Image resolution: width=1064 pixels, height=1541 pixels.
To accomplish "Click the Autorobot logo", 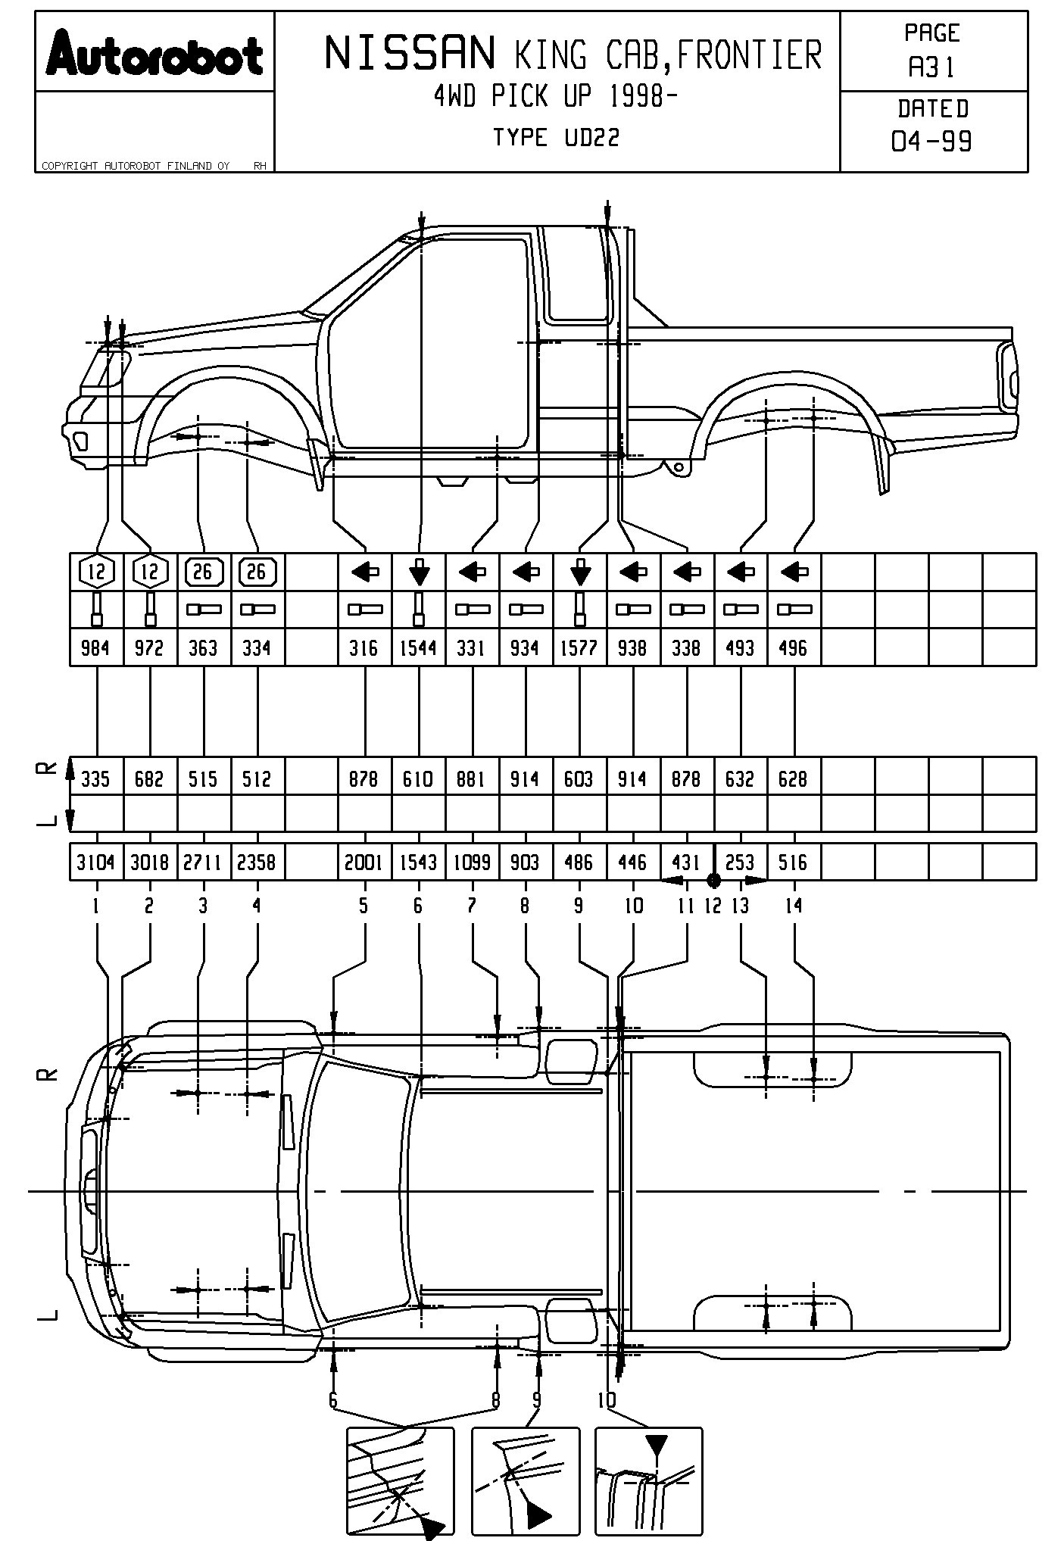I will (x=154, y=53).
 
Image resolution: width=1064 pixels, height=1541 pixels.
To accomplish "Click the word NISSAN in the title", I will (x=410, y=54).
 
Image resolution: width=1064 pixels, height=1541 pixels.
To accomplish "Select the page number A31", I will (x=932, y=68).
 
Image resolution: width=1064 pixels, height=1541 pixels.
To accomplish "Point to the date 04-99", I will (x=932, y=141).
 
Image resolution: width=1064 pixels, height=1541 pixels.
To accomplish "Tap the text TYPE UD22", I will (x=556, y=138).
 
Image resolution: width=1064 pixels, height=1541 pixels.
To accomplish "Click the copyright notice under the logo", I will (x=136, y=166).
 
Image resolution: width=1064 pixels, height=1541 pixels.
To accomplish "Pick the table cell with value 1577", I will (x=579, y=648).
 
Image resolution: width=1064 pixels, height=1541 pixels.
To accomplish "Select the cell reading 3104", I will (x=95, y=863).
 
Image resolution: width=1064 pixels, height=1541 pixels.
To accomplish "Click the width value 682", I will (x=149, y=779).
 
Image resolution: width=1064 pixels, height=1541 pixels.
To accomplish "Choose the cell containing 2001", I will (x=364, y=863).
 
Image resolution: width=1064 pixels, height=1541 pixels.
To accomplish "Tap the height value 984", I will (x=95, y=648).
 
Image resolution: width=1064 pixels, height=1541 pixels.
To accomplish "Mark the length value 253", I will (x=740, y=863).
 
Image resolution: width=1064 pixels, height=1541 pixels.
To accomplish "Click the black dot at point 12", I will (x=713, y=880).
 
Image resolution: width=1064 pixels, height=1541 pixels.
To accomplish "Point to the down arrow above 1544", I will (x=419, y=572).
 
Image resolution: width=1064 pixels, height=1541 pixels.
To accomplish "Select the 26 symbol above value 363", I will (x=203, y=572).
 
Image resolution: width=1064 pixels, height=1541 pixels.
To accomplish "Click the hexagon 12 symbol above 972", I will (x=150, y=572).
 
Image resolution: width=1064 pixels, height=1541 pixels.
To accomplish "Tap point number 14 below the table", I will (x=793, y=906).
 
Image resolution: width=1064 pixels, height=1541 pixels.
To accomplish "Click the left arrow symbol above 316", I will (x=365, y=572).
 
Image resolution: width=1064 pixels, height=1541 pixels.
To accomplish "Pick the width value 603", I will (x=579, y=779).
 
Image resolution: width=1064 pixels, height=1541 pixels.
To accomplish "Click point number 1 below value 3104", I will (x=95, y=906).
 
